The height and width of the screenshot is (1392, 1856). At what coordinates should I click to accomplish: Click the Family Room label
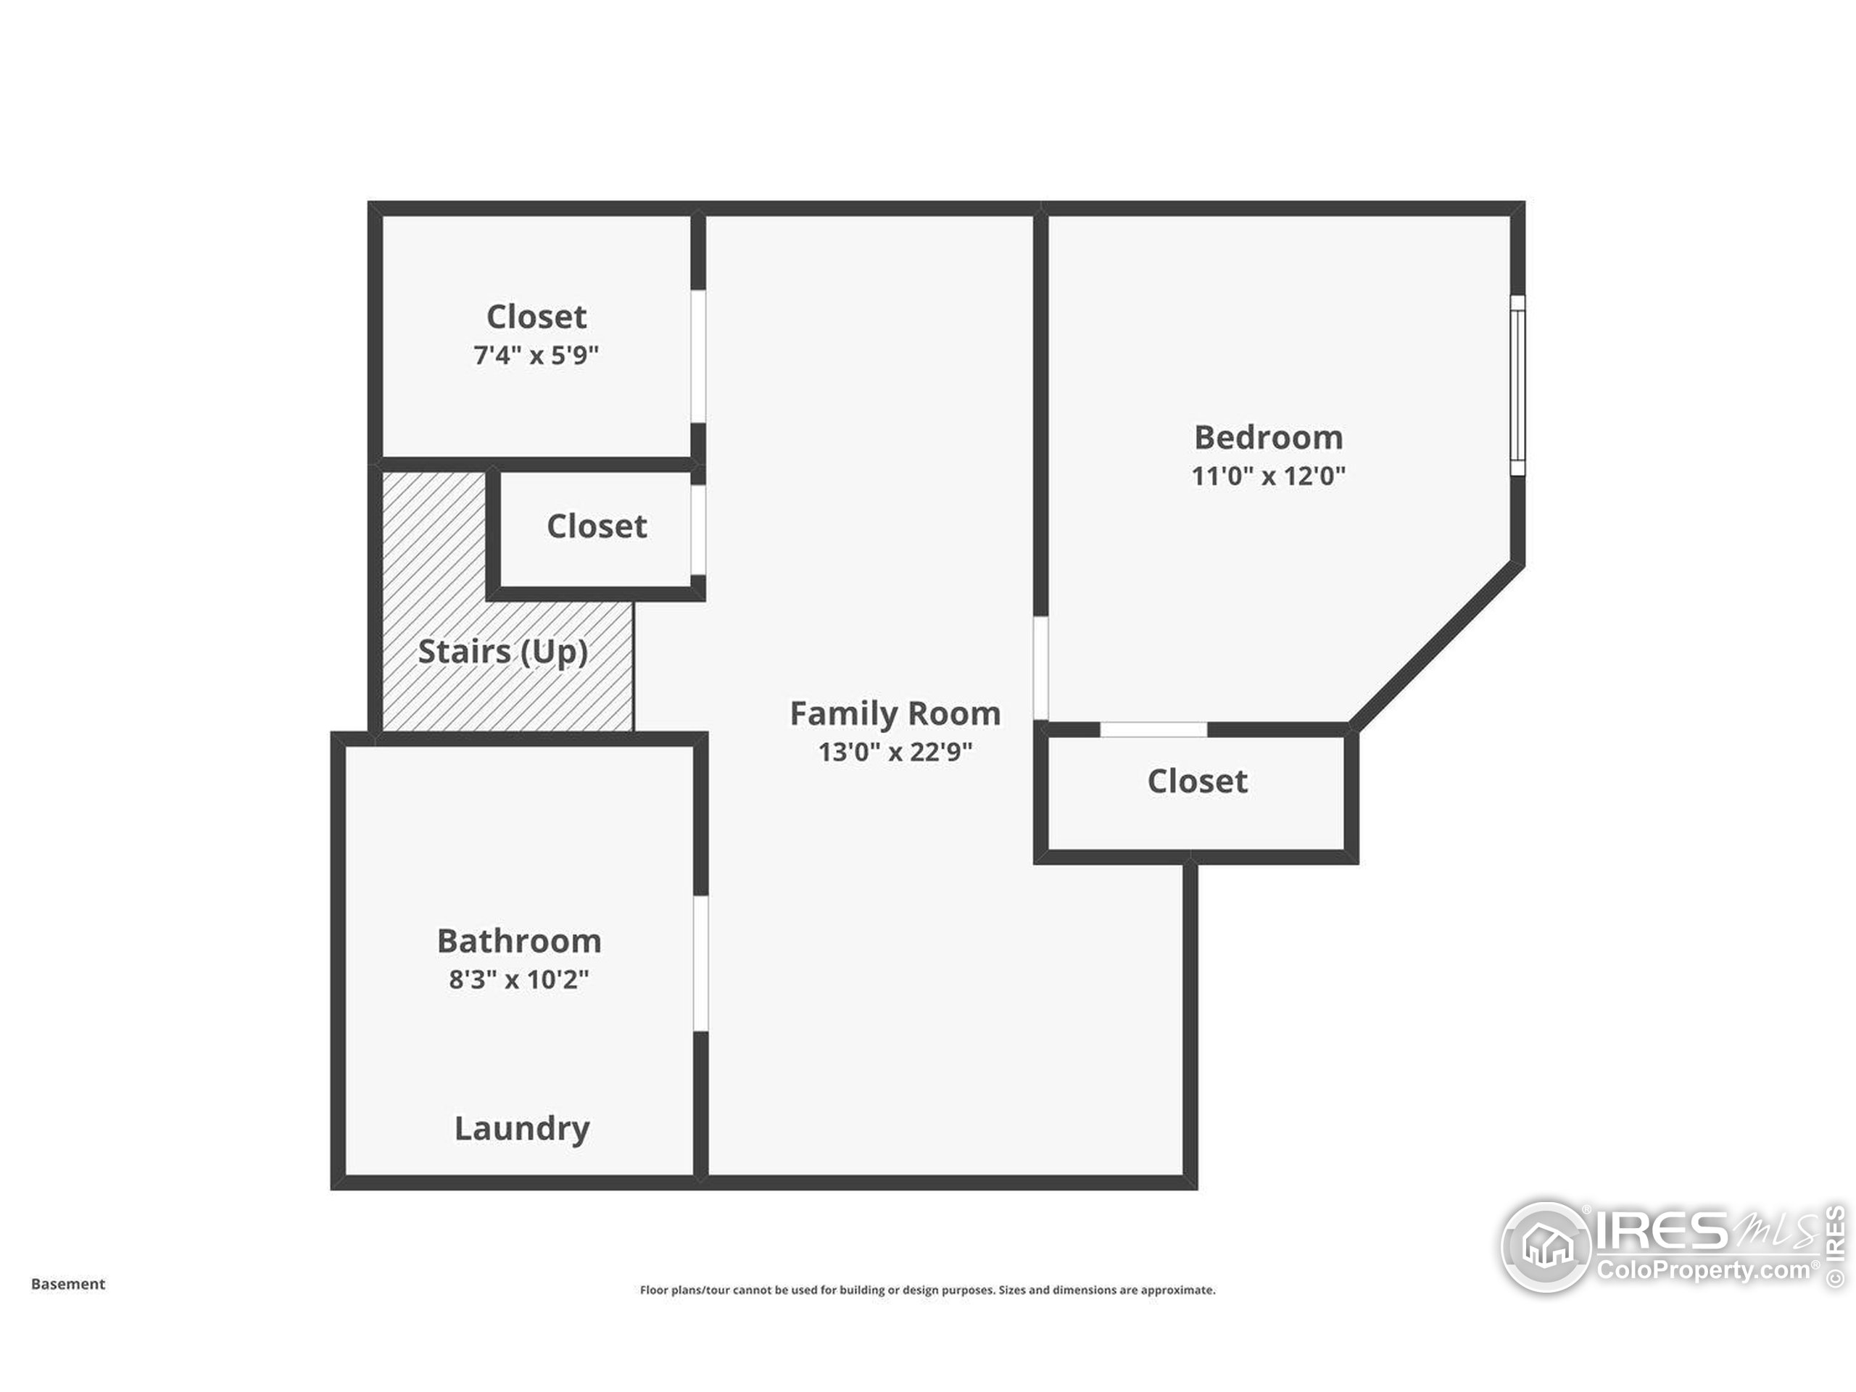pos(895,714)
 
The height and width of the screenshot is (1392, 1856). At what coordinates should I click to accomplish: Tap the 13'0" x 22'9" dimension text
pos(895,752)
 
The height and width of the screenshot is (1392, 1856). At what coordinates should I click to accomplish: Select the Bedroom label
pos(1268,438)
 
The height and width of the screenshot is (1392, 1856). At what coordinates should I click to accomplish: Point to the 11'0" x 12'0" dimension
pos(1268,476)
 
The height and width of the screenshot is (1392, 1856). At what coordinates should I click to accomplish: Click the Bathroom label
pos(518,942)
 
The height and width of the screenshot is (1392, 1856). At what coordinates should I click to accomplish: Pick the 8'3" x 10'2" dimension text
pos(518,979)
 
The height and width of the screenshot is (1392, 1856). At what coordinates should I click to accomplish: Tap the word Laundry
pos(521,1129)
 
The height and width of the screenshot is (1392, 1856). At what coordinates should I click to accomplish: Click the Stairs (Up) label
pos(502,652)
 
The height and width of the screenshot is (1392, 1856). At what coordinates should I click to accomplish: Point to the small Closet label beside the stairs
pos(597,527)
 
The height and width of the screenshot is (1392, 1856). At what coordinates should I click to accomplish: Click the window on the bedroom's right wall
pos(1517,385)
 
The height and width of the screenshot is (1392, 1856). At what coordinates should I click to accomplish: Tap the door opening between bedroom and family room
pos(1040,668)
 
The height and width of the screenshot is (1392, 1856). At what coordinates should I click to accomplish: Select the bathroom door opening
pos(700,964)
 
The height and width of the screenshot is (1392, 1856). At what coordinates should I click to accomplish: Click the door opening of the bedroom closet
pos(1153,729)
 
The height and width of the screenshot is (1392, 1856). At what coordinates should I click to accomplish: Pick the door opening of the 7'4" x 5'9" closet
pos(697,357)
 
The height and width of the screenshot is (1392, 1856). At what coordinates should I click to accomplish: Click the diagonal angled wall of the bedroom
pos(1436,645)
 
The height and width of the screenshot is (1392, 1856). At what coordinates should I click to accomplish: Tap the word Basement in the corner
pos(68,1284)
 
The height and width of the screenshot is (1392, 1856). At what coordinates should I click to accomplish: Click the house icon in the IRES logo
pos(1546,1247)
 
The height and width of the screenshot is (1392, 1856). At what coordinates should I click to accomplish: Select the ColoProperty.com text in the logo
pos(1702,1270)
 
